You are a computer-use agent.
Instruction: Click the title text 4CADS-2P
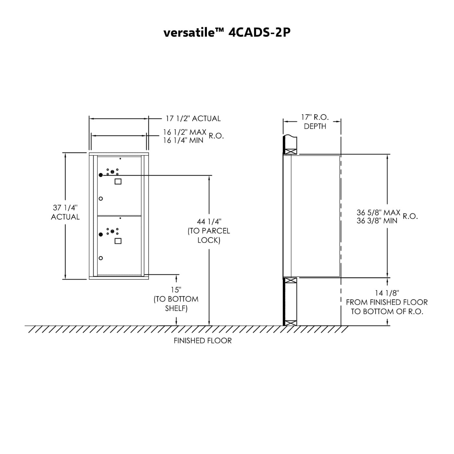[x=259, y=32]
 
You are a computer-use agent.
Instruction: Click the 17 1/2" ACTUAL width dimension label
[x=193, y=118]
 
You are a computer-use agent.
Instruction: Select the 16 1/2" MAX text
[x=185, y=132]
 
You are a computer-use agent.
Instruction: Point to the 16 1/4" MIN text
[x=183, y=140]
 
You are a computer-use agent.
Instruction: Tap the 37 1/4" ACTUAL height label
[x=65, y=212]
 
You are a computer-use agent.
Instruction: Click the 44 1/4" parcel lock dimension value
[x=209, y=221]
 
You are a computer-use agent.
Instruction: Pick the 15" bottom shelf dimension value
[x=176, y=290]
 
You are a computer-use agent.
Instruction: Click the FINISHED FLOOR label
[x=203, y=340]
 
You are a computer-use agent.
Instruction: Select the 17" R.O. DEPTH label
[x=315, y=122]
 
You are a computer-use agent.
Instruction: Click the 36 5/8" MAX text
[x=378, y=212]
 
